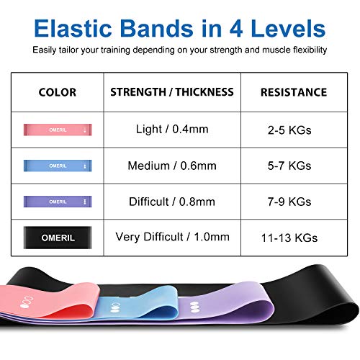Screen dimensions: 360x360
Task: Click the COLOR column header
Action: click(x=57, y=92)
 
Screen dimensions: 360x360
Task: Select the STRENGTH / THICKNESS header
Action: click(x=172, y=92)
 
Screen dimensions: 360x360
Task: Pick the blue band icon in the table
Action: click(x=57, y=166)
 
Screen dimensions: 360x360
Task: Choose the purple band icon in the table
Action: click(x=57, y=201)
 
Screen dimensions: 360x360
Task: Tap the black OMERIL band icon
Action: click(x=57, y=235)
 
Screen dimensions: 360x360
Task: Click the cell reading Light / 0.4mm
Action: click(x=171, y=130)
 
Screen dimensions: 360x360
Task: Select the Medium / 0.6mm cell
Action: click(x=171, y=166)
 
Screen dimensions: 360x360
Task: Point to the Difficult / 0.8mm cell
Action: click(x=171, y=201)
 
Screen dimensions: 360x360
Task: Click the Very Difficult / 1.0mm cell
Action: click(x=171, y=235)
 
